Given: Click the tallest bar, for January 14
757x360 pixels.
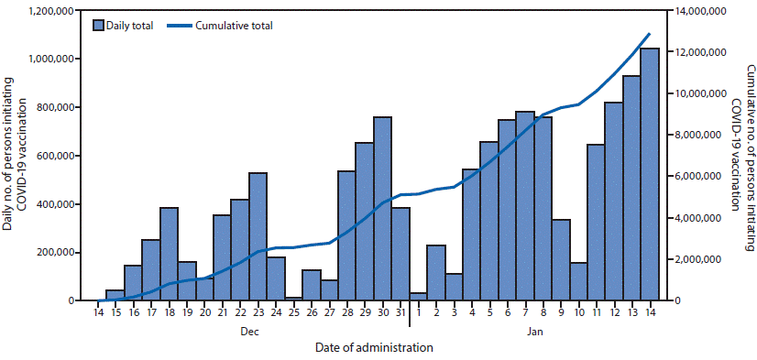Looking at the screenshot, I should (x=649, y=174).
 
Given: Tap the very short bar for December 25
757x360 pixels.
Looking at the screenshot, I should (x=293, y=298).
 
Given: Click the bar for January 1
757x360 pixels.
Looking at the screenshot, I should (x=418, y=296).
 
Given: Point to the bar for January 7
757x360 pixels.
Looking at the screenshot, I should (x=525, y=206).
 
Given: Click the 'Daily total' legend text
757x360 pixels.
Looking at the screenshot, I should (x=129, y=25).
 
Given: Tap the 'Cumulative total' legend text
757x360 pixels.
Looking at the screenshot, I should (x=233, y=25).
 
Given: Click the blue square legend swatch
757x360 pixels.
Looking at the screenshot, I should (x=98, y=25).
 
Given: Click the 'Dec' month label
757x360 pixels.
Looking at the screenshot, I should (x=249, y=333).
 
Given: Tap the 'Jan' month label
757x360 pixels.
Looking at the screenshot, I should (x=534, y=333).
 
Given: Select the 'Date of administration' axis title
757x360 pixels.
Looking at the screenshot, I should (x=373, y=348).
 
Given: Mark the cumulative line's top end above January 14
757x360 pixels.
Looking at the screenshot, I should (x=649, y=34).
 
